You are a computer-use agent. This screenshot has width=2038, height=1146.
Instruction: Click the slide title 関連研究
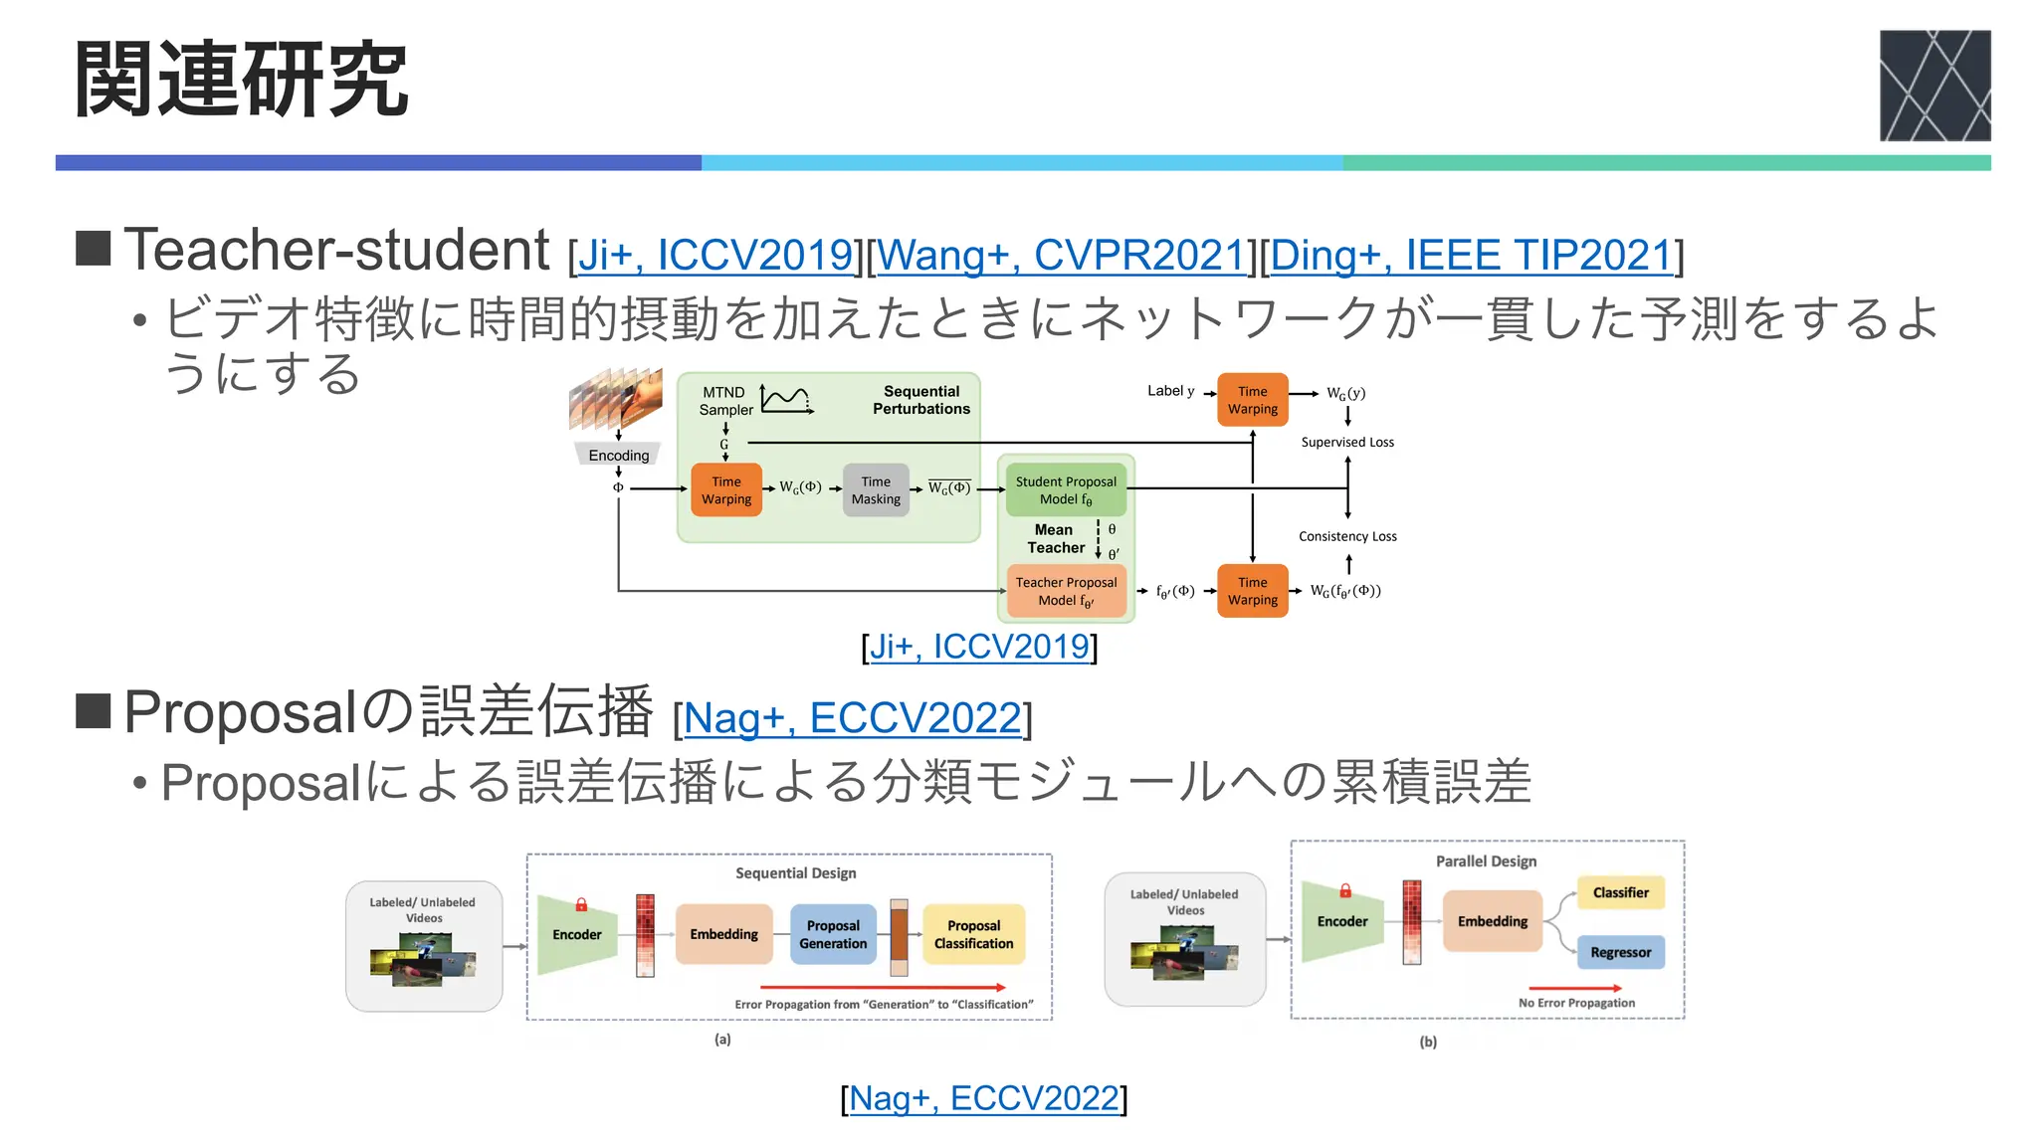[x=242, y=80]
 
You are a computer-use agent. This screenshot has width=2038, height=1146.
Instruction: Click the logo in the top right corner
[x=1935, y=86]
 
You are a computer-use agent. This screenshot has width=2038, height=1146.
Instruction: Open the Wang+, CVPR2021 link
[x=1061, y=256]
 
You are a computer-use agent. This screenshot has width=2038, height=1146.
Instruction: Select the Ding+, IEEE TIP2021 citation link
[x=1471, y=256]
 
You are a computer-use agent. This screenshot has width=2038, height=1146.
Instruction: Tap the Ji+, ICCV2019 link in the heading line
[x=714, y=256]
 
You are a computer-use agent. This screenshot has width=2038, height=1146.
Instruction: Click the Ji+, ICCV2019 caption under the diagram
[x=979, y=647]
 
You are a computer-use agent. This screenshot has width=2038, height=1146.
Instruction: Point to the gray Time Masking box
[x=876, y=490]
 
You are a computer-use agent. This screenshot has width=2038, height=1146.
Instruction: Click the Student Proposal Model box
[x=1066, y=490]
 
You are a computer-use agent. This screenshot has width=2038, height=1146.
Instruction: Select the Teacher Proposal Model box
[x=1066, y=591]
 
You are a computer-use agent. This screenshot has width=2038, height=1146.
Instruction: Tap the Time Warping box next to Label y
[x=1252, y=400]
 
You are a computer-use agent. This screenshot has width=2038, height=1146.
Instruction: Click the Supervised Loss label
[x=1347, y=443]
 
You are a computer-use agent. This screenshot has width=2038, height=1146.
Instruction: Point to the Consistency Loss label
[x=1347, y=536]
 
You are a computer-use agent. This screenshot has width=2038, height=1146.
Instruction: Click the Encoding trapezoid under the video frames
[x=618, y=455]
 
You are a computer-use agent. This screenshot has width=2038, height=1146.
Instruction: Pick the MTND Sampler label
[x=725, y=401]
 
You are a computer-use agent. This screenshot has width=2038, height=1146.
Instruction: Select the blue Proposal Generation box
[x=833, y=934]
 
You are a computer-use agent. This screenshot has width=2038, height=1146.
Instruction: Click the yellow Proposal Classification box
[x=973, y=934]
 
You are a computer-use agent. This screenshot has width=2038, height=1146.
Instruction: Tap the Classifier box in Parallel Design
[x=1620, y=892]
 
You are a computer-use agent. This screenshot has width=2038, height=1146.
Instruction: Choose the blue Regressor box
[x=1620, y=952]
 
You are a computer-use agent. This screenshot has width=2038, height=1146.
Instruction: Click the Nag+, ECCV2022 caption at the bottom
[x=983, y=1098]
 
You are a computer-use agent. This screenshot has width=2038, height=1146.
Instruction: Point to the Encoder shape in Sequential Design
[x=576, y=934]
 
